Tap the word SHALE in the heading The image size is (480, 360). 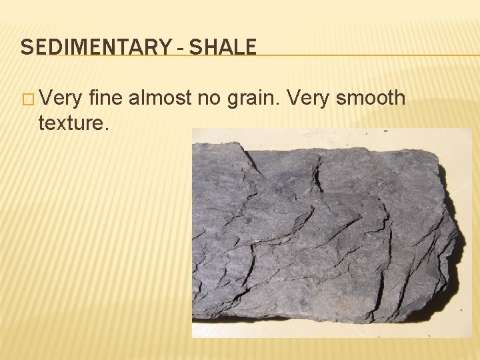[222, 47]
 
